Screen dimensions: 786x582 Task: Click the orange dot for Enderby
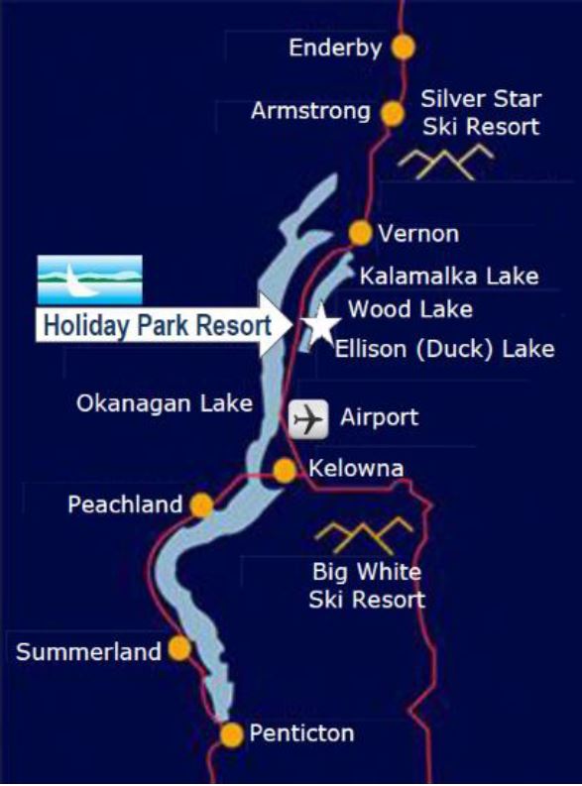pos(403,47)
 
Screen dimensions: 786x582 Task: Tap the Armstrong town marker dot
pos(394,112)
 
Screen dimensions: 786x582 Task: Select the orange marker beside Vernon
pos(361,233)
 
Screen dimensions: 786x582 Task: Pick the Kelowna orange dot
pos(285,470)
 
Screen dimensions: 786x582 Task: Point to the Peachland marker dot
pos(201,505)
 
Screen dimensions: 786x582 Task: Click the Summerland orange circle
pos(179,649)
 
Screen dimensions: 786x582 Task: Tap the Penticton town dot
pos(231,734)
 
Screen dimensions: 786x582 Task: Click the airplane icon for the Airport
pos(308,419)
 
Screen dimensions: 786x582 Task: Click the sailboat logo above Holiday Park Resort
pos(90,280)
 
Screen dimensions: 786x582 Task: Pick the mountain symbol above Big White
pos(364,535)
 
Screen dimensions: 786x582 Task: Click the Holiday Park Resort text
pos(156,325)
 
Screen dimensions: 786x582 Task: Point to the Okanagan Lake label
pos(165,403)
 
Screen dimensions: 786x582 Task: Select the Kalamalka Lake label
pos(448,275)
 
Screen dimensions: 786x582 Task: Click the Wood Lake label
pos(409,309)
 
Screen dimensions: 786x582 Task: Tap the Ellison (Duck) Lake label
pos(444,349)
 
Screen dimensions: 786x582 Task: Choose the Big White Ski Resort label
pos(367,586)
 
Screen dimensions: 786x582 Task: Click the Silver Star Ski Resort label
pos(481,112)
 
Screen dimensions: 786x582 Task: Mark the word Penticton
pos(301,734)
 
